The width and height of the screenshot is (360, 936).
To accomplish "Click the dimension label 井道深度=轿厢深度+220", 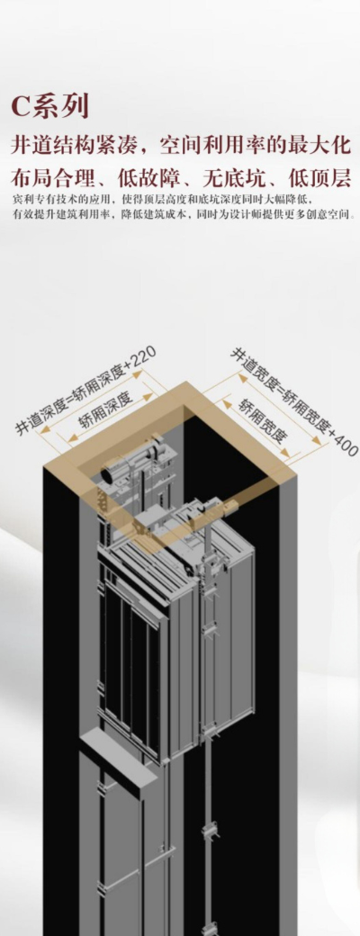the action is point(85,390).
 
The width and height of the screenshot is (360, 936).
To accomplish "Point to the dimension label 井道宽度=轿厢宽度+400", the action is point(294,402).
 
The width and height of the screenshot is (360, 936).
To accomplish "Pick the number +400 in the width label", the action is point(341,443).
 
